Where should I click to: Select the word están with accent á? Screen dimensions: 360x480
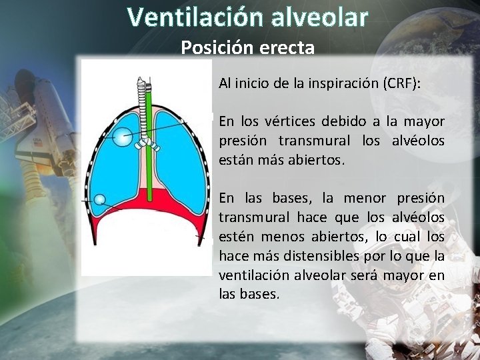coord(235,160)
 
